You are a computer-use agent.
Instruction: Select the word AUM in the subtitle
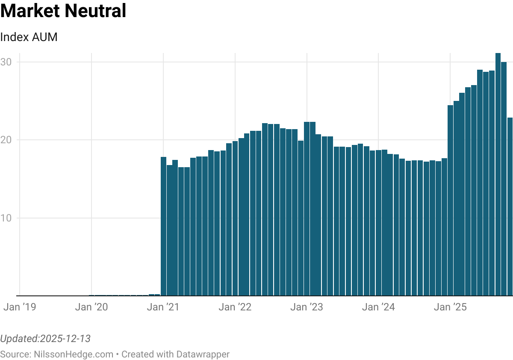tap(44, 37)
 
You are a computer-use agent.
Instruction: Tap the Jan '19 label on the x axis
tap(20, 307)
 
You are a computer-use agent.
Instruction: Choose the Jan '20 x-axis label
tap(91, 307)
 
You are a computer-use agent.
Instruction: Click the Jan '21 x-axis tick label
tap(163, 307)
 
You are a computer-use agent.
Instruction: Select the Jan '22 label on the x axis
tap(235, 307)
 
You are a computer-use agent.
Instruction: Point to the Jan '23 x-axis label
tap(307, 307)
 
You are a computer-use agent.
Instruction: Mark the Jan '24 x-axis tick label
tap(378, 307)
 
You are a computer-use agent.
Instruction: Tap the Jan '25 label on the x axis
tap(450, 307)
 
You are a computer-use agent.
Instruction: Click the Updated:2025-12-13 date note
tap(45, 339)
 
